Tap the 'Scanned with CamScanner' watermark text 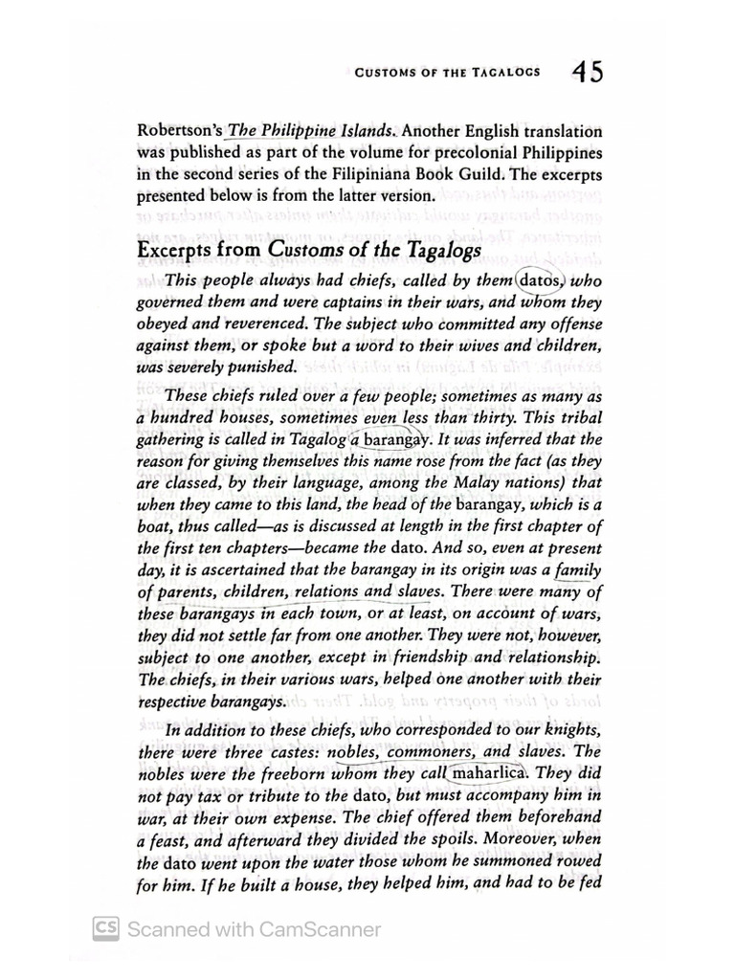point(254,929)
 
